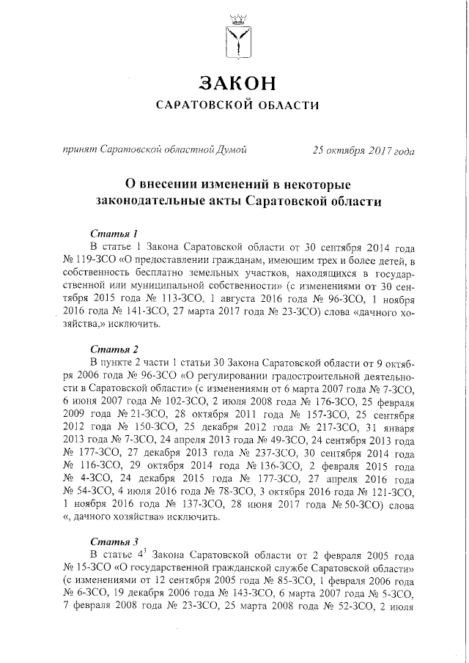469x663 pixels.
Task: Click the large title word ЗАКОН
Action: pos(239,81)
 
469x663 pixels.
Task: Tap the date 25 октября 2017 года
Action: pos(363,151)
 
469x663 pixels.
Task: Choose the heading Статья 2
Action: pos(114,349)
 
